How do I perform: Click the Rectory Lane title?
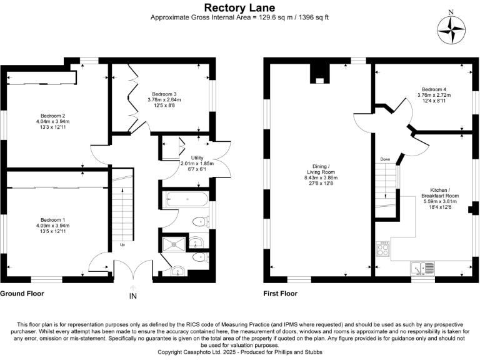coord(239,7)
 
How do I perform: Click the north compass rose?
coord(451,29)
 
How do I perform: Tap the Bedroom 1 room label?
coord(53,220)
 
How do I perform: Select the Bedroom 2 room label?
coord(53,116)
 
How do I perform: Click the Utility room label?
coord(188,158)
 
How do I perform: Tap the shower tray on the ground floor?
coord(172,245)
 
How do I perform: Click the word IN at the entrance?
coord(132,296)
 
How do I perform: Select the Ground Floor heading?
coord(21,292)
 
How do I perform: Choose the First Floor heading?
coord(280,292)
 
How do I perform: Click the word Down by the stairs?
coord(385,159)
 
